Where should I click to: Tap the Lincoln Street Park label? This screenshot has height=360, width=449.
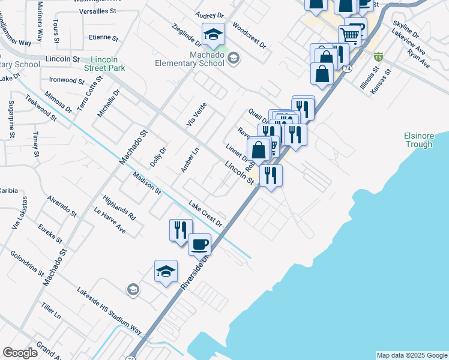click(x=108, y=64)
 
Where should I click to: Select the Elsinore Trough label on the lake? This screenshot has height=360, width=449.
click(x=418, y=140)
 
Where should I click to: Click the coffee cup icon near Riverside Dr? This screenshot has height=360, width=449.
click(x=200, y=244)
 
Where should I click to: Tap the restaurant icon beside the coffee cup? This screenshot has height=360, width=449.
click(x=180, y=230)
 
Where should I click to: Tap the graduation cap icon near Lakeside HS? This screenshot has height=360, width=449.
click(x=166, y=271)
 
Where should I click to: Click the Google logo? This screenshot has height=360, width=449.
click(x=20, y=353)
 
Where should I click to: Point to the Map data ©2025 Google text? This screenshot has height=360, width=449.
click(x=412, y=355)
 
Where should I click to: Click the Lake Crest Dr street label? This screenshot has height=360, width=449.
click(x=205, y=213)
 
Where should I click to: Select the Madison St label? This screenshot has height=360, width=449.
click(x=147, y=184)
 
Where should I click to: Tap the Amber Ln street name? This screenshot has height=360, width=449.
click(x=190, y=160)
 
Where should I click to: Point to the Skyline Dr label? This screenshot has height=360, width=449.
click(x=406, y=28)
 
